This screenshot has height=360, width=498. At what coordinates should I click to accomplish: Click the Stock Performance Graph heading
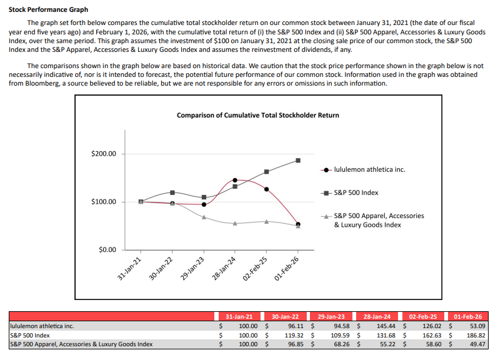(x=48, y=10)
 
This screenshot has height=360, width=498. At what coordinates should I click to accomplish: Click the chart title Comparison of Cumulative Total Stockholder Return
(x=258, y=115)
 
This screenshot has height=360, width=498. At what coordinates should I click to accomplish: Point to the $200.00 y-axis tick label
(x=104, y=154)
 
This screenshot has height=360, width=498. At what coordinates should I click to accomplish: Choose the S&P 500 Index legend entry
(x=356, y=192)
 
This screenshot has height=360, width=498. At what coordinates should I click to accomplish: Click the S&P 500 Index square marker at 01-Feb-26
(x=298, y=161)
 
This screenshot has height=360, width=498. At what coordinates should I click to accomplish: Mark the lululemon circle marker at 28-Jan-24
(x=235, y=180)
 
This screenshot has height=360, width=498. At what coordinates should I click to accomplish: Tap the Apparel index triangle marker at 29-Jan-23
(x=204, y=217)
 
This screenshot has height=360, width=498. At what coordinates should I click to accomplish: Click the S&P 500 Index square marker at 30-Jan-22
(x=172, y=192)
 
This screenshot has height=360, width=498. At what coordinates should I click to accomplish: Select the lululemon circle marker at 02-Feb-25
(x=266, y=189)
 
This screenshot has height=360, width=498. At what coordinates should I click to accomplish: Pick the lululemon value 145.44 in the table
(x=380, y=326)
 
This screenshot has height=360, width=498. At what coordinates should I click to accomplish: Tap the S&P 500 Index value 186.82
(x=474, y=334)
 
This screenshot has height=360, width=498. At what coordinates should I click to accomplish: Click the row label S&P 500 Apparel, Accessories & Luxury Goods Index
(x=81, y=343)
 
